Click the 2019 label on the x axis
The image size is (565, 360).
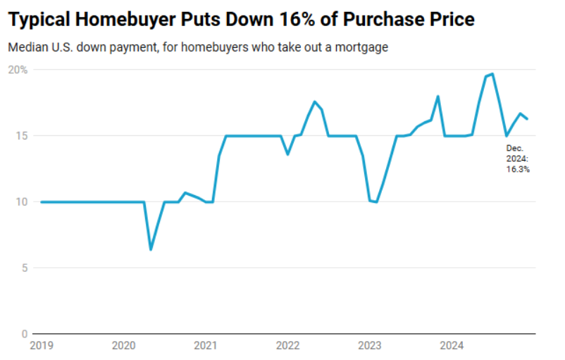[x=41, y=345]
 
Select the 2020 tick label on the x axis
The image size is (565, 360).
[x=123, y=345]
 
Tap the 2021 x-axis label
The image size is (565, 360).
[x=205, y=345]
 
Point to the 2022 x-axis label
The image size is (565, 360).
[x=287, y=345]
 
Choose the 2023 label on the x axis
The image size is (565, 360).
[x=369, y=345]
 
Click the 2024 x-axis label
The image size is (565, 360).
[x=452, y=345]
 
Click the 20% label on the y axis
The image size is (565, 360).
[x=18, y=70]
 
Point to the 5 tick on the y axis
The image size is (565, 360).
[x=24, y=268]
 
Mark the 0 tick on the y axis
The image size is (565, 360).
[x=24, y=334]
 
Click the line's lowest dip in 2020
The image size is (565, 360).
[x=151, y=249]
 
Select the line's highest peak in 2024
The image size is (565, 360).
[x=492, y=74]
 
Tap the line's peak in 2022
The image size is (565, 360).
[x=314, y=101]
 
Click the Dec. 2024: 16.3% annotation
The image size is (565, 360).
[x=517, y=159]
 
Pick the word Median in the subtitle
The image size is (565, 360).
[x=26, y=48]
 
